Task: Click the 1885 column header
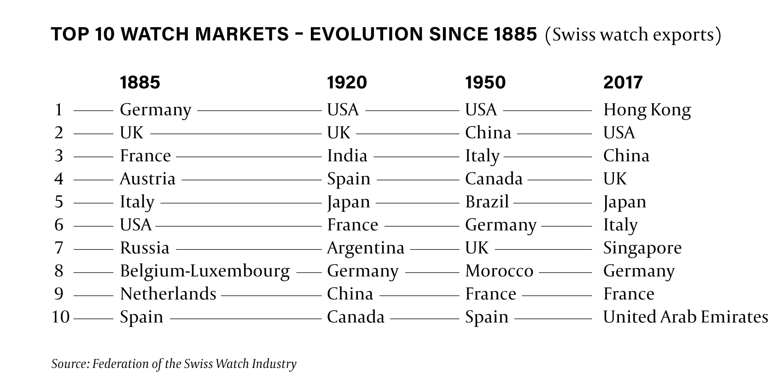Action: point(140,82)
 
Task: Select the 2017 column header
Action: point(623,82)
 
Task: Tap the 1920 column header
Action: point(347,82)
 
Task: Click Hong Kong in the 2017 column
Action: point(647,110)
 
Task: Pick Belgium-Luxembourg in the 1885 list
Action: point(204,271)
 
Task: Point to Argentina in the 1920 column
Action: point(365,248)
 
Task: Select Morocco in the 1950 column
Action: point(499,271)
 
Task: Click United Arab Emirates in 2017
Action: point(685,317)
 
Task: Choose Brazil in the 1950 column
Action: point(487,202)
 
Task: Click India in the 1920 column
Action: point(347,156)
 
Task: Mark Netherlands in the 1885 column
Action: point(168,294)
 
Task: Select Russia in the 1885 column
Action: point(144,248)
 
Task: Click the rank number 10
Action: point(60,317)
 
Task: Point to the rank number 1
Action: point(58,110)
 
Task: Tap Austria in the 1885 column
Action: point(147,179)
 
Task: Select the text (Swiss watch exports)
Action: point(632,35)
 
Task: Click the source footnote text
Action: point(174,364)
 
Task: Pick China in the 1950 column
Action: point(488,133)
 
